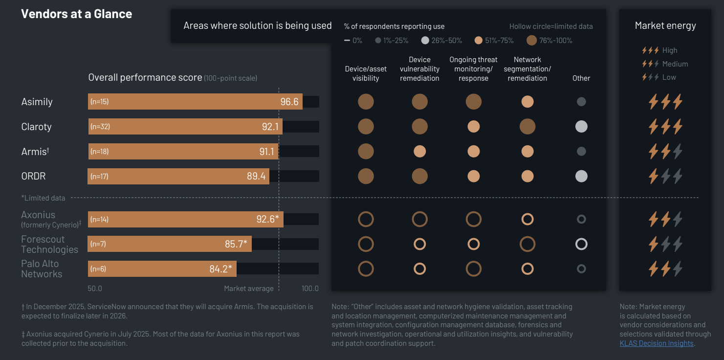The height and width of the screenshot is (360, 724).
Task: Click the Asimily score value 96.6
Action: (289, 102)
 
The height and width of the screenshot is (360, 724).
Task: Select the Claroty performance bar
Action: (186, 127)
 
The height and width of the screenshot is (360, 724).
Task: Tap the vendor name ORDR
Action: (33, 176)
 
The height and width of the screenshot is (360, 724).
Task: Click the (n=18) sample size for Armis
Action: (100, 152)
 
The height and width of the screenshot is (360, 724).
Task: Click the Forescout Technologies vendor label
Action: (49, 244)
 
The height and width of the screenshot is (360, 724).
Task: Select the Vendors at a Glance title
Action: (76, 14)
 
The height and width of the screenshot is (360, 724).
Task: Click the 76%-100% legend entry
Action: (550, 41)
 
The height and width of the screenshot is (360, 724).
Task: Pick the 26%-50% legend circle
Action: (425, 41)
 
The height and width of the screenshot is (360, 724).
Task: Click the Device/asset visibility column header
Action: (366, 74)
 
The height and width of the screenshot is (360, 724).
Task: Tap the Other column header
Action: (581, 78)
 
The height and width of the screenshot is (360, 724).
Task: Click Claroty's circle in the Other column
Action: (581, 127)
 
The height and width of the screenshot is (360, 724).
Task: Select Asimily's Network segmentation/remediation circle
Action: (527, 102)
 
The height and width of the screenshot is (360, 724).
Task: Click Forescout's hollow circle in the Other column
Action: (581, 244)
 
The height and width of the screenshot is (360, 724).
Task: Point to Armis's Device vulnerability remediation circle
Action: (420, 152)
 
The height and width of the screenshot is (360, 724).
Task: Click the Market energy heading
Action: (665, 26)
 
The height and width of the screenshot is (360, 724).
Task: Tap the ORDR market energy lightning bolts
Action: (665, 176)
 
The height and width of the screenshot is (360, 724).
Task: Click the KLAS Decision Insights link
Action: (657, 343)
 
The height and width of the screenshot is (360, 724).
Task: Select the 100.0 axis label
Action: (310, 289)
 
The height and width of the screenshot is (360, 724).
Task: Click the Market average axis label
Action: (249, 289)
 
